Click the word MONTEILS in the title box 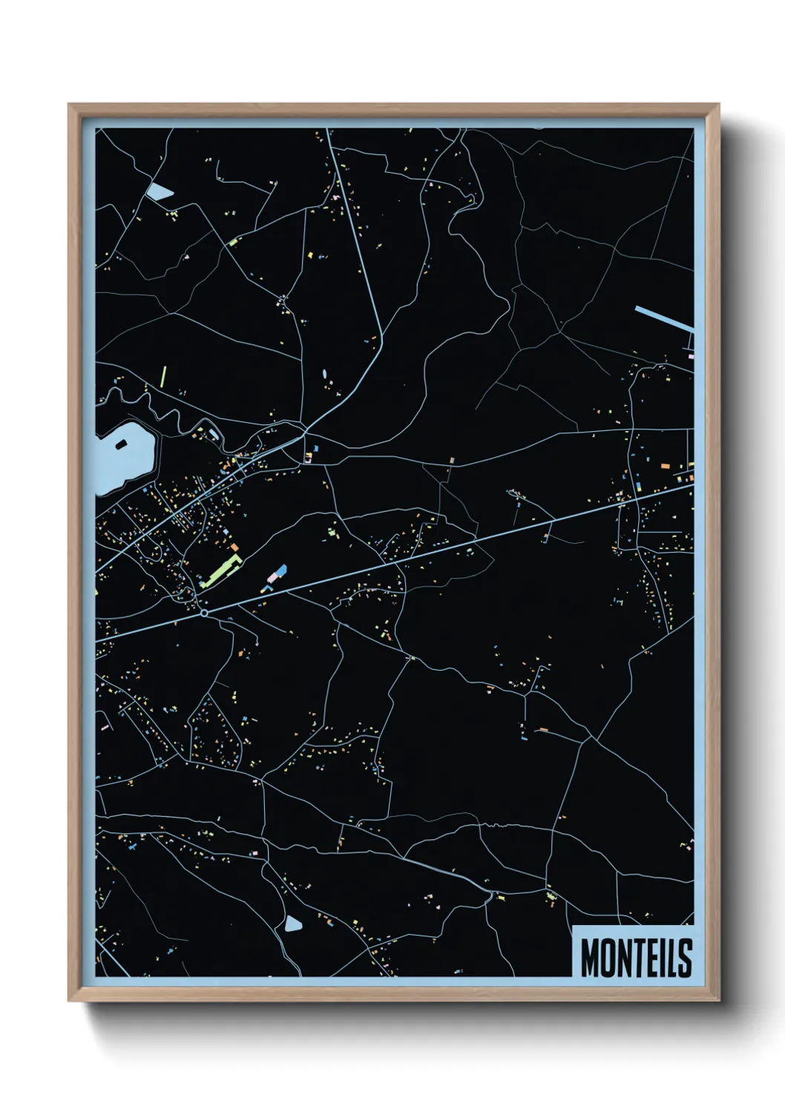point(636,958)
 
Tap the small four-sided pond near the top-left point(159,192)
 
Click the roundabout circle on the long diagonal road point(204,613)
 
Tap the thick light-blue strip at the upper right point(664,318)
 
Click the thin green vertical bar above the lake point(163,378)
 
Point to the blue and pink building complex point(276,576)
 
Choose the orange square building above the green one point(234,548)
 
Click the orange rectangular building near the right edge point(665,465)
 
